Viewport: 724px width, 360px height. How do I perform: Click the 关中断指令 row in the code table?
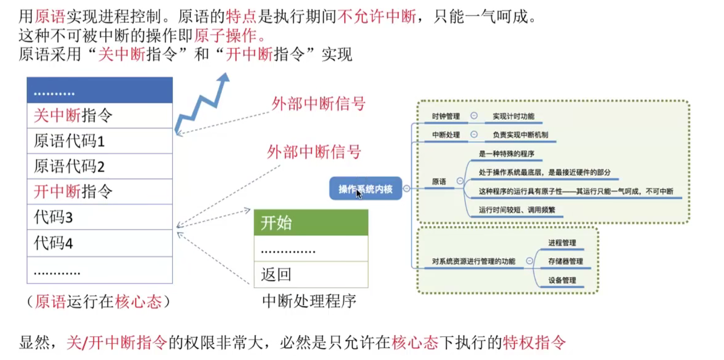[100, 115]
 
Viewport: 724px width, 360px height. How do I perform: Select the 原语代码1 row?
[100, 141]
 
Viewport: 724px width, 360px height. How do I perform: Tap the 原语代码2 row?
[100, 166]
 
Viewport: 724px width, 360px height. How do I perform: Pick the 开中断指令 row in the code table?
[100, 191]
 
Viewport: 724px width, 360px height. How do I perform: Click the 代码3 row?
[100, 217]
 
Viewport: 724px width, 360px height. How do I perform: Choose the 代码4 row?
[100, 243]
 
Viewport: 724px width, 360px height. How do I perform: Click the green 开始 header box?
[311, 223]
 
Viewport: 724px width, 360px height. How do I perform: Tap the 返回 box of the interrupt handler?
[311, 275]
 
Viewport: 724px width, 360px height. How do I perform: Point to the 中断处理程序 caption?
[309, 301]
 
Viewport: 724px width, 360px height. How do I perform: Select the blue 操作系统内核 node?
[366, 189]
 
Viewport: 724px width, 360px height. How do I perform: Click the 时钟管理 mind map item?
[446, 116]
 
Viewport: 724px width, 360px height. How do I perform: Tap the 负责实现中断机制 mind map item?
[520, 135]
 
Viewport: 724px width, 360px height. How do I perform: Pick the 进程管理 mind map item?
[562, 243]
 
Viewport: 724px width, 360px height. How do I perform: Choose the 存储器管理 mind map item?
[565, 261]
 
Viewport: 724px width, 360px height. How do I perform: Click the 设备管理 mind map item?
[562, 280]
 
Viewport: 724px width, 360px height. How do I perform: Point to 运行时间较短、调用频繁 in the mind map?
[517, 210]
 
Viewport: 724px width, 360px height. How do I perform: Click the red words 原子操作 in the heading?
[225, 35]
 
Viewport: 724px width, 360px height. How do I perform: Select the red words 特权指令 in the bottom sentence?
[534, 342]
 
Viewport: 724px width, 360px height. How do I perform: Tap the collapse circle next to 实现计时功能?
[474, 116]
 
